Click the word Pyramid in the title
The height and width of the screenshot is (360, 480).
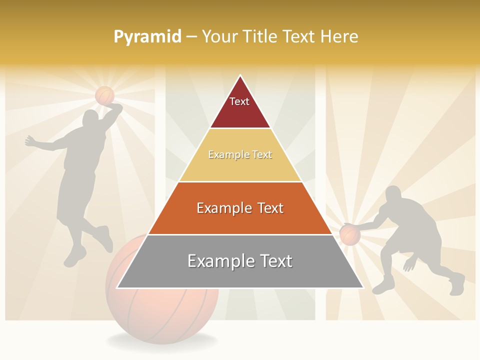pos(147,36)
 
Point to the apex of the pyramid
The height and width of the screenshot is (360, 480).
pos(240,76)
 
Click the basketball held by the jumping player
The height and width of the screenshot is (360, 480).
pos(105,95)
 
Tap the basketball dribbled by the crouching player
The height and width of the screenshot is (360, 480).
pos(350,234)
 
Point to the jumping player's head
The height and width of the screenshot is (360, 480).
pos(91,118)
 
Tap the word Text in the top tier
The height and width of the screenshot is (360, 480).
pos(239,101)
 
